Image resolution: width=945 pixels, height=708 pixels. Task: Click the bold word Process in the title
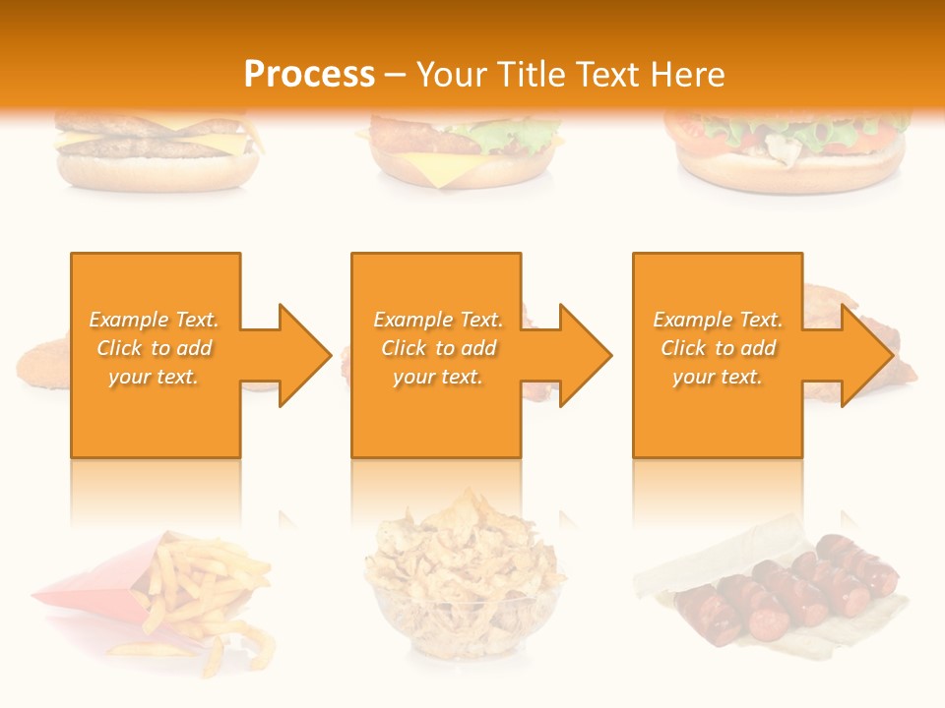(x=309, y=75)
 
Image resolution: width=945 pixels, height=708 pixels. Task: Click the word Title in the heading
(x=529, y=75)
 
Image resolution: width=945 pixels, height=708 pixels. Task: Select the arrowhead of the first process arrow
(x=303, y=355)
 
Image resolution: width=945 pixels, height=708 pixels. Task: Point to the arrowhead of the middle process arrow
(x=584, y=355)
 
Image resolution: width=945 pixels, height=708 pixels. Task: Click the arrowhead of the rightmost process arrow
(x=865, y=355)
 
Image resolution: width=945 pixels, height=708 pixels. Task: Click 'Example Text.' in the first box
(x=155, y=320)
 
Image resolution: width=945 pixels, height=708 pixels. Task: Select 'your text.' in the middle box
(x=438, y=377)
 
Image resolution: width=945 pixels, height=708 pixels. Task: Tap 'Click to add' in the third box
(x=718, y=348)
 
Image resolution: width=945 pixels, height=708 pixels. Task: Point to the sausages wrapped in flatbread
(x=778, y=590)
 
